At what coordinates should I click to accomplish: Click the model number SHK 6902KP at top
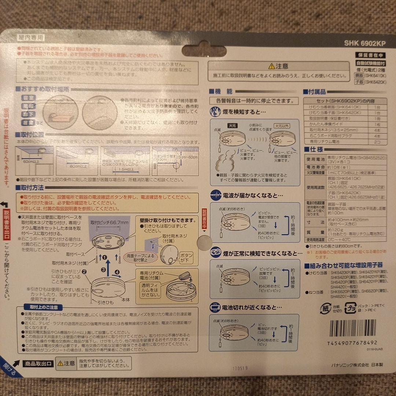point(364,43)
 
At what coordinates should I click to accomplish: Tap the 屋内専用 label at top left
point(31,37)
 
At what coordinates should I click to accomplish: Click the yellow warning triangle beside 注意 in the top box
point(271,66)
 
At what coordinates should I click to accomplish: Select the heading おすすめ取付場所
point(45,89)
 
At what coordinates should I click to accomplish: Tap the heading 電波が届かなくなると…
point(253,195)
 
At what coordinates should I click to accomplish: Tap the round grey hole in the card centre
point(204,243)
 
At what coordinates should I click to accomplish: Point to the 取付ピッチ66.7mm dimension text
point(110,222)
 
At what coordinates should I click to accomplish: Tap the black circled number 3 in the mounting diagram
point(104,269)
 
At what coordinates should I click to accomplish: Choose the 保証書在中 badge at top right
point(370,55)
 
